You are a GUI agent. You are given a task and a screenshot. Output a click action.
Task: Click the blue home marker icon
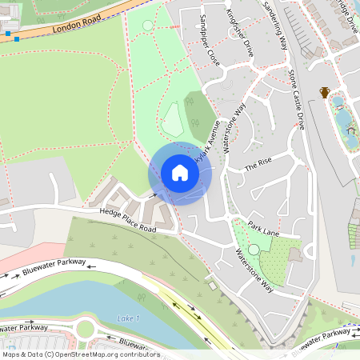tap(179, 173)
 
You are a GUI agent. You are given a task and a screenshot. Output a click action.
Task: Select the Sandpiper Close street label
tap(210, 39)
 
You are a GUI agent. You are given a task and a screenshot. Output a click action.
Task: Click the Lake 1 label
tap(128, 318)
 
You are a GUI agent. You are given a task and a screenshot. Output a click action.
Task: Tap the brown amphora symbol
tap(325, 93)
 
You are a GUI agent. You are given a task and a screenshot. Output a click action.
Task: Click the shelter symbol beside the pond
tap(350, 130)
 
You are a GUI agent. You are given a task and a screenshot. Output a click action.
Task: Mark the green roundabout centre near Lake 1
tap(85, 329)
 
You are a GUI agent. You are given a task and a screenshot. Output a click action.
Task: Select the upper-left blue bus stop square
tap(7, 34)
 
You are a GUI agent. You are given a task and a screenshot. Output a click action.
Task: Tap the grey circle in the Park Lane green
tap(254, 250)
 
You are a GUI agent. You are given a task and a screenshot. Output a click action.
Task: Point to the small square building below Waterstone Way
tap(211, 285)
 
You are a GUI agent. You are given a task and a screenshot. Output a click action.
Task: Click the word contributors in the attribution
tap(138, 354)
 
